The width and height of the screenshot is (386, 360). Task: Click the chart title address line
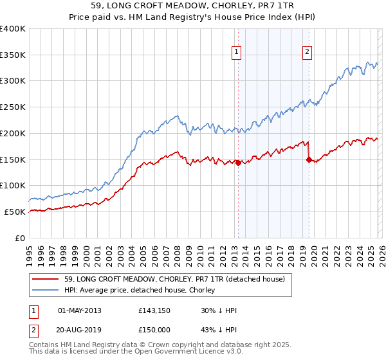(192, 7)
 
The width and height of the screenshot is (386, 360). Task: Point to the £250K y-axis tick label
(13, 107)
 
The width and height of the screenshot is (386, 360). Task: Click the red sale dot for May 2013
(238, 163)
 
